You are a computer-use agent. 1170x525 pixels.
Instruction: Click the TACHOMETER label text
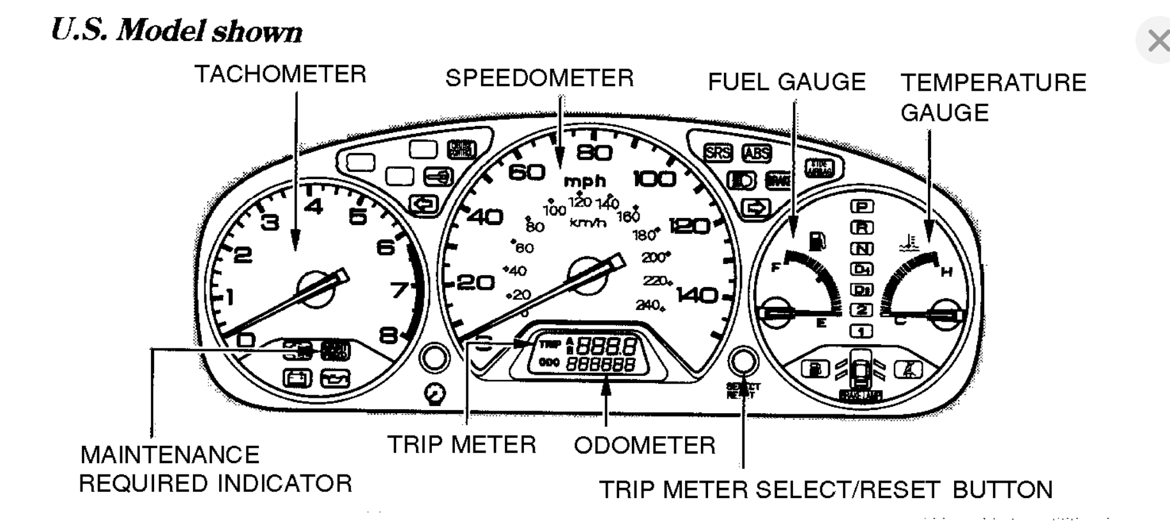tap(280, 74)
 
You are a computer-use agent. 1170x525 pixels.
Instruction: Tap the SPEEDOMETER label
tap(539, 78)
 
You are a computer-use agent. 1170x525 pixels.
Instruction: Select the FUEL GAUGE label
tap(787, 82)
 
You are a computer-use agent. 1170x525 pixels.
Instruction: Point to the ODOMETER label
tap(644, 445)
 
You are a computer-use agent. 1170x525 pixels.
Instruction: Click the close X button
tap(1157, 42)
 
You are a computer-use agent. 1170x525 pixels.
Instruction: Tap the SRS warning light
tap(718, 152)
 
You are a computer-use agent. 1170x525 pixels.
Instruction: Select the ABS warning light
tap(757, 153)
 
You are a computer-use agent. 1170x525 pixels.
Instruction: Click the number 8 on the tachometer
tap(388, 334)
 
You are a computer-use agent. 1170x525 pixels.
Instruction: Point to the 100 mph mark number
tap(654, 178)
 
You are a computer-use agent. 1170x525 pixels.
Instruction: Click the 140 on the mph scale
tap(697, 295)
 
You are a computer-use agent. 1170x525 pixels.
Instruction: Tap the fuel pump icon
tap(817, 241)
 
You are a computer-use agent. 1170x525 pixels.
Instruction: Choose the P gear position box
tap(861, 206)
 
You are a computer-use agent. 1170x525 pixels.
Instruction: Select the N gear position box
tap(861, 248)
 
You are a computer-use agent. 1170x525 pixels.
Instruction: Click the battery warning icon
tap(297, 379)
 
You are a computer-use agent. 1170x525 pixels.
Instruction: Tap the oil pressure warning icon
tap(335, 379)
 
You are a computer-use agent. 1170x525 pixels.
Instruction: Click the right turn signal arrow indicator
tap(756, 208)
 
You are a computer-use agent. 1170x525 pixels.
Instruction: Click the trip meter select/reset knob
tap(743, 361)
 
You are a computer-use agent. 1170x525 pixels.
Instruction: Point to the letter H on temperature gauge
tap(946, 272)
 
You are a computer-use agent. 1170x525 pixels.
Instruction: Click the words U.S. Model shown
tap(176, 31)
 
